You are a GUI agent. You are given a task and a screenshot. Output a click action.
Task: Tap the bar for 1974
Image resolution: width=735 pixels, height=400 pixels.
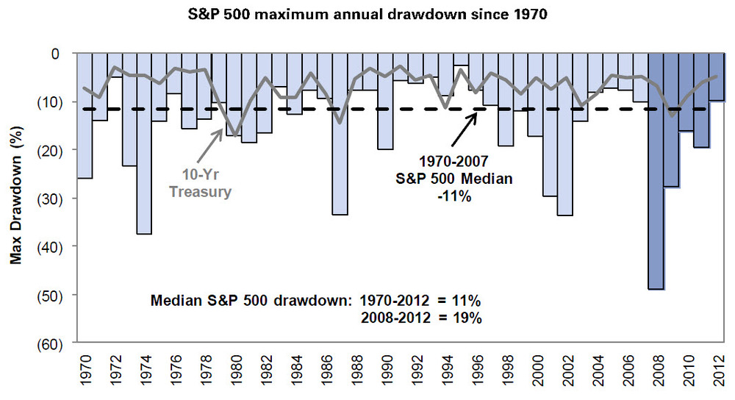click(x=144, y=143)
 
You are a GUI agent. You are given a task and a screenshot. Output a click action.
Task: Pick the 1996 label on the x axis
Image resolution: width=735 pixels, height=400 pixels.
click(x=476, y=372)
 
